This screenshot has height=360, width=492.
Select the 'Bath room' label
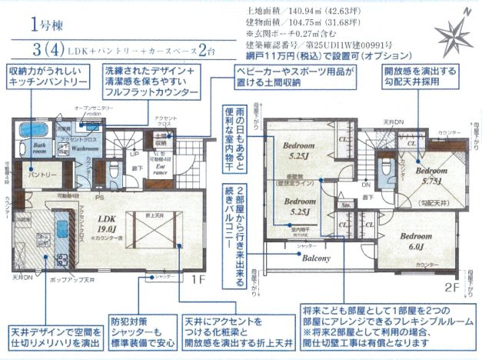40,148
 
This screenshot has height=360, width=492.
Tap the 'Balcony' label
314,258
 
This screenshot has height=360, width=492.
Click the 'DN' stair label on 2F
365,185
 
